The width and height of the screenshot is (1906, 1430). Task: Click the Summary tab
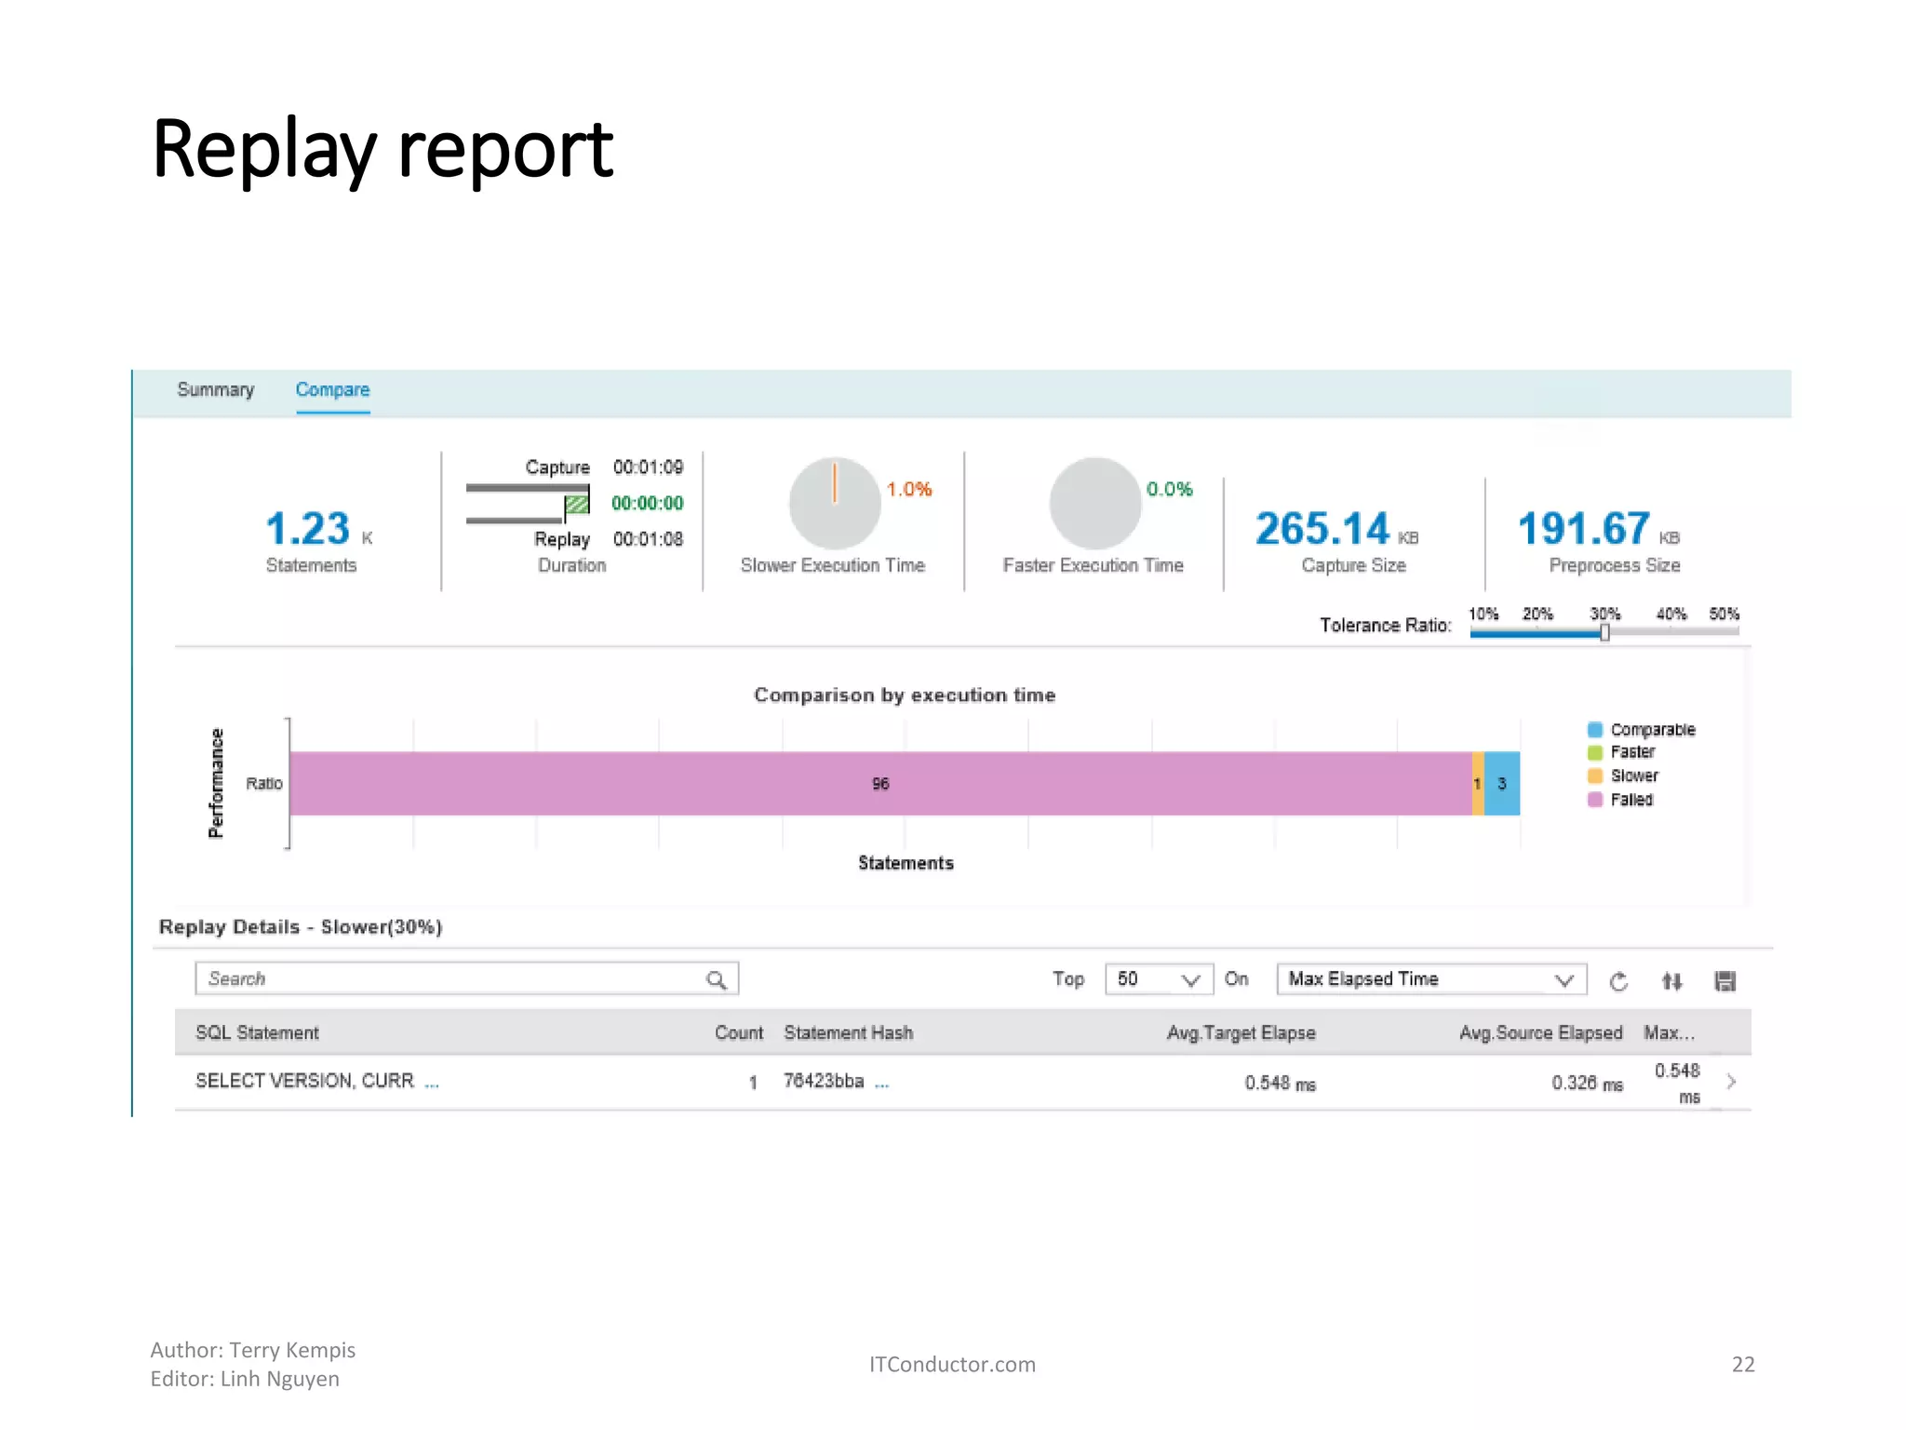pos(215,390)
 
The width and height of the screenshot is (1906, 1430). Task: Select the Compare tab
pos(332,390)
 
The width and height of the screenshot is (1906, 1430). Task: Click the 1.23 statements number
pos(308,529)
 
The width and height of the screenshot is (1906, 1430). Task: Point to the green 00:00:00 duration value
pos(647,504)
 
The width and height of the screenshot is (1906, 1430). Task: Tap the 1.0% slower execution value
pos(908,490)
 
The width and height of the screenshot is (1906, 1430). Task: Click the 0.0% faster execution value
pos(1169,490)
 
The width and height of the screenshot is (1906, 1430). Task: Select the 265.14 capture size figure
pos(1322,529)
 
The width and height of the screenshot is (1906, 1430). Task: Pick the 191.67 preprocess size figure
pos(1583,529)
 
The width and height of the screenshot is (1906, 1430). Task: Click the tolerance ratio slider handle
pos(1604,633)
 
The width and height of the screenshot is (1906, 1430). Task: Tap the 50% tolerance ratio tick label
pos(1724,614)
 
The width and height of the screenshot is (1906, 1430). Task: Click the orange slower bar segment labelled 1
pos(1478,784)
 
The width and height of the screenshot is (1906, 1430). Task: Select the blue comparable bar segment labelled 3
pos(1502,784)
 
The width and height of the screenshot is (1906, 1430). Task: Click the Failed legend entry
pos(1631,800)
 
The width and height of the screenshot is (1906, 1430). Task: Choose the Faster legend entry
pos(1631,752)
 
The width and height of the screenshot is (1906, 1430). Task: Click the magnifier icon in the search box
pos(716,979)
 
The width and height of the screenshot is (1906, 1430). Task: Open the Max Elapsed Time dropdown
pos(1430,979)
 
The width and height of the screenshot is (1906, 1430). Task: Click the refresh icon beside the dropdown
pos(1618,981)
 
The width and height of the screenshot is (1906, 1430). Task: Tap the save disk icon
pos(1725,981)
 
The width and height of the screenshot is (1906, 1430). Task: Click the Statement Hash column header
pos(848,1032)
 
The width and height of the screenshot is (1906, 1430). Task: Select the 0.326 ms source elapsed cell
pos(1586,1083)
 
